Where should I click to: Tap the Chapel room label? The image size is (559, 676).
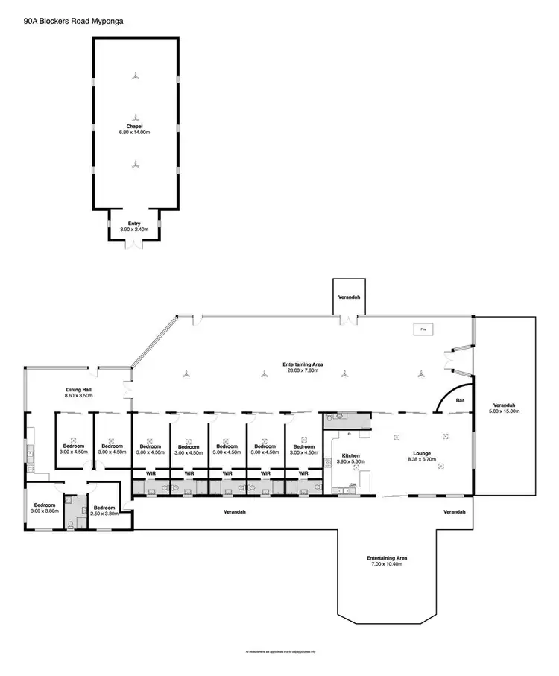pyautogui.click(x=134, y=126)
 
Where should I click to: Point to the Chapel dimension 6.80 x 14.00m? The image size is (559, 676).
pyautogui.click(x=134, y=133)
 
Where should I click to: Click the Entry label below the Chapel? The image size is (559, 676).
pyautogui.click(x=134, y=223)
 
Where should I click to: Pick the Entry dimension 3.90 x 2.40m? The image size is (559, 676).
pyautogui.click(x=134, y=230)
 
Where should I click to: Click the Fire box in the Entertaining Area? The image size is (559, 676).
pyautogui.click(x=423, y=329)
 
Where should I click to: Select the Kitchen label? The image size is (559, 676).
pyautogui.click(x=351, y=455)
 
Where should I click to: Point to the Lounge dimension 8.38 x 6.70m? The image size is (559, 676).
pyautogui.click(x=423, y=460)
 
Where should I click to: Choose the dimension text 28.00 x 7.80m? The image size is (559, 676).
pyautogui.click(x=303, y=370)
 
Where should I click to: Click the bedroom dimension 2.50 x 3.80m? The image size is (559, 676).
pyautogui.click(x=103, y=514)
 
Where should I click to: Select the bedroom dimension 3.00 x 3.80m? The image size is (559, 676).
pyautogui.click(x=44, y=511)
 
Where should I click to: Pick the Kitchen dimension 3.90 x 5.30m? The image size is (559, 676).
pyautogui.click(x=351, y=462)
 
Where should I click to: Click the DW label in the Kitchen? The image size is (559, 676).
pyautogui.click(x=353, y=485)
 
